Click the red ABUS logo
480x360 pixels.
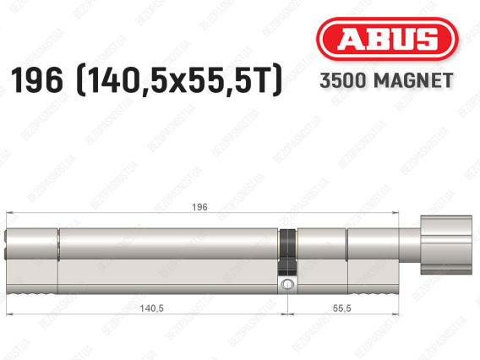click(x=387, y=39)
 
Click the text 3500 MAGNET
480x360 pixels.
click(x=386, y=80)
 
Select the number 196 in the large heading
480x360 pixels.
click(x=37, y=80)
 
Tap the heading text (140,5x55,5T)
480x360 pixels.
click(x=178, y=80)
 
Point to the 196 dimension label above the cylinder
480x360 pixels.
click(x=199, y=207)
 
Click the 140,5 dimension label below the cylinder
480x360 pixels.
click(x=151, y=308)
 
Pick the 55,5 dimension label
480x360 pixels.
click(x=342, y=308)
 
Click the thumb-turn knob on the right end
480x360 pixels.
click(x=446, y=245)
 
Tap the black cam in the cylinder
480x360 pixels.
click(x=288, y=251)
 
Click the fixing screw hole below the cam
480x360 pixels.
click(x=287, y=285)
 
